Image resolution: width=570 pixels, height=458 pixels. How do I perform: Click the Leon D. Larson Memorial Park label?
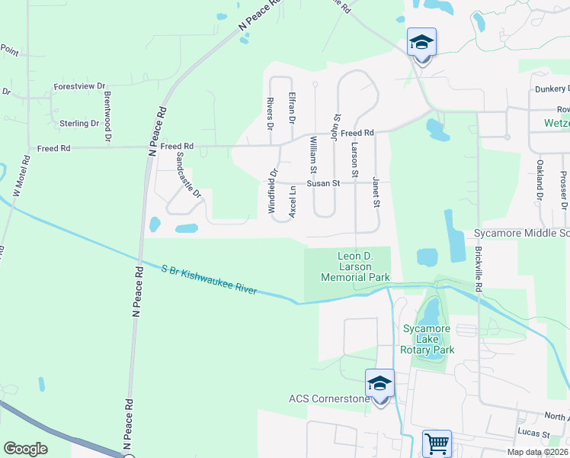(x=364, y=266)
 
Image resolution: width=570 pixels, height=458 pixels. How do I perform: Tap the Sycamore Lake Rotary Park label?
(x=427, y=339)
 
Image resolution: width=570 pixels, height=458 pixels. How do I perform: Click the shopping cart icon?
(x=437, y=443)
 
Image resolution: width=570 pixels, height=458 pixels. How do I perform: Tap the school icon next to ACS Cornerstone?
(x=379, y=384)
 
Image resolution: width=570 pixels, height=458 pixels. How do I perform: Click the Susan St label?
(x=323, y=183)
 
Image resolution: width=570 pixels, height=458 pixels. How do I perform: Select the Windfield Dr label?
(x=272, y=186)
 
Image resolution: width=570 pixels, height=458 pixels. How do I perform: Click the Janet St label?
(x=376, y=192)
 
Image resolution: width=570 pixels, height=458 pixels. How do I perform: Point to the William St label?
(x=313, y=153)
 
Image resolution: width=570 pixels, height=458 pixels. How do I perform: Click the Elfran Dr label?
(x=292, y=108)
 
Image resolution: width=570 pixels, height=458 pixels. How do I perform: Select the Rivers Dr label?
(x=270, y=111)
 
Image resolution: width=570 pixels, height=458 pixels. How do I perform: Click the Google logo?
(x=25, y=449)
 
